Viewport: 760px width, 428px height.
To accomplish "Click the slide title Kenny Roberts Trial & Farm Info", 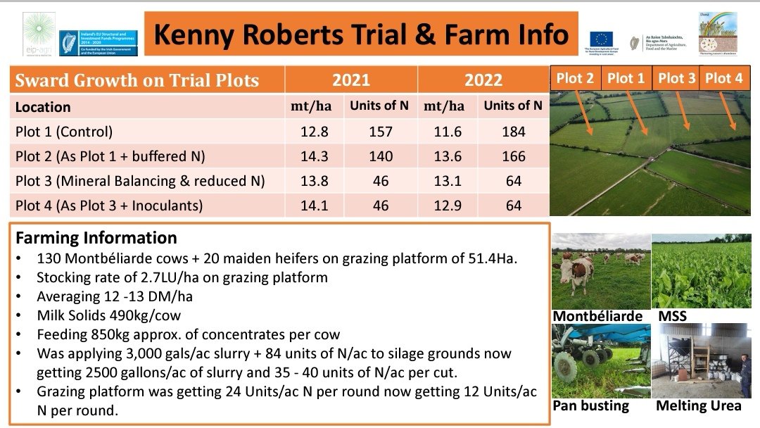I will click(360, 34).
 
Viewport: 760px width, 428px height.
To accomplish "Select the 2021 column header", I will click(350, 80).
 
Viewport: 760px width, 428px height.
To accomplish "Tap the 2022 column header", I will click(483, 80).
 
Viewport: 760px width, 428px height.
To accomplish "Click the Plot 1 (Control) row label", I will click(64, 131).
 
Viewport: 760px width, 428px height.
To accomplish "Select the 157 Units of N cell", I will click(381, 131).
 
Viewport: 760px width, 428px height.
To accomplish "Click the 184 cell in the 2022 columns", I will click(514, 131).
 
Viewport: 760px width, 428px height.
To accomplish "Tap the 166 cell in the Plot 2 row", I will click(514, 156).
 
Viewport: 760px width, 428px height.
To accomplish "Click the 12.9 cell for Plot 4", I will click(448, 206).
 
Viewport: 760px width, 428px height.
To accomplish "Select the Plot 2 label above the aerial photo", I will click(575, 78).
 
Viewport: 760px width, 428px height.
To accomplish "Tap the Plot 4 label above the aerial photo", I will click(723, 78).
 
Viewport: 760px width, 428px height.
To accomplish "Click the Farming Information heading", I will click(96, 237).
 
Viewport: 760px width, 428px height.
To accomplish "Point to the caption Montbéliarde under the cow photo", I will click(597, 316).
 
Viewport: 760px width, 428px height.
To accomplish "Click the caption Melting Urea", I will click(698, 406).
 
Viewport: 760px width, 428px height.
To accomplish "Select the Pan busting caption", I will click(590, 406).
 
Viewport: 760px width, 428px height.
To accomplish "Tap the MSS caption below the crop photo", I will click(672, 316).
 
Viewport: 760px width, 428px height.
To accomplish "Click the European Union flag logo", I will click(601, 38).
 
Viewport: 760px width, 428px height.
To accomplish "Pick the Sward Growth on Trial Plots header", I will click(137, 80).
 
